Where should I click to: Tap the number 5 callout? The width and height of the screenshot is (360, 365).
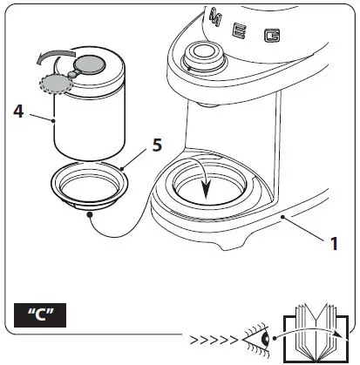(157, 144)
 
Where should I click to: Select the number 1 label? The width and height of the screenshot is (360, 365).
(334, 245)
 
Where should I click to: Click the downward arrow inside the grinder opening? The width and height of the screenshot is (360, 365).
(205, 184)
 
